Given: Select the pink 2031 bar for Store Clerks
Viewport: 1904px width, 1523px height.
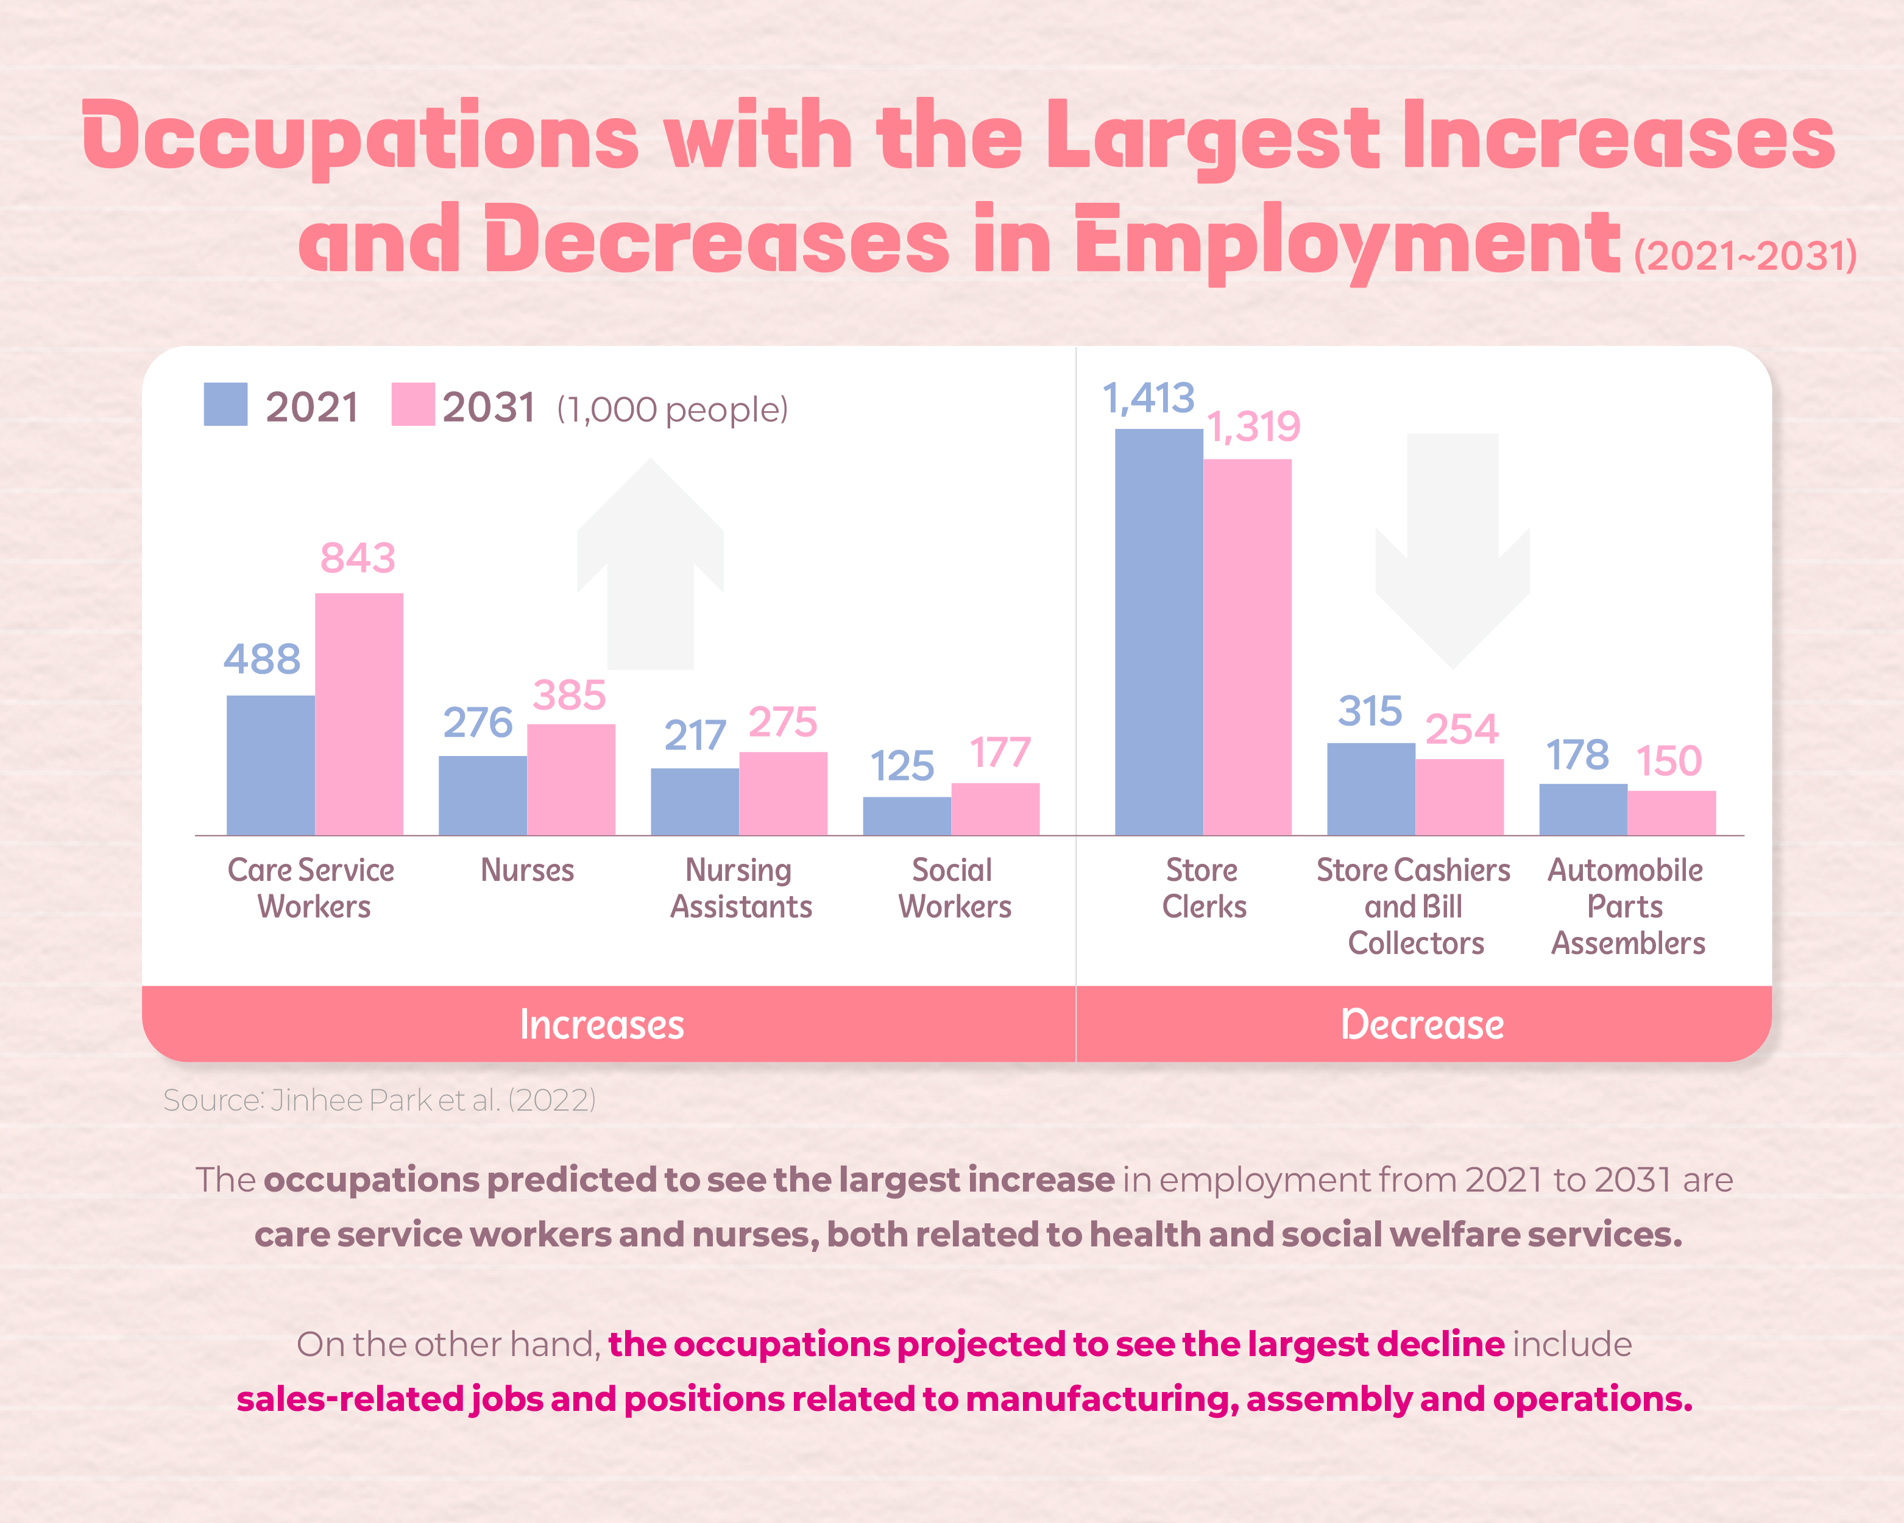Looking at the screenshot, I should point(1247,646).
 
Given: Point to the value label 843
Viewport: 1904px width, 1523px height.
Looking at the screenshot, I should point(358,558).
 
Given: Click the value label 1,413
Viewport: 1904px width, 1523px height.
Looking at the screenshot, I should point(1148,398).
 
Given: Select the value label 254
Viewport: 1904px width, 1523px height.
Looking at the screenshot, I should point(1462,729).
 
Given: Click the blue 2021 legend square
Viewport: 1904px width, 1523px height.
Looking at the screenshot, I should point(225,405).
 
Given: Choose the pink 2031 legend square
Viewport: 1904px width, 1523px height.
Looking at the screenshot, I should point(412,405).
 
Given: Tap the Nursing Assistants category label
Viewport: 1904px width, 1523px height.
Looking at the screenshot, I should point(740,888).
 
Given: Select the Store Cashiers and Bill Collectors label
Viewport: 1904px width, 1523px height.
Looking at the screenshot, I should point(1413,906).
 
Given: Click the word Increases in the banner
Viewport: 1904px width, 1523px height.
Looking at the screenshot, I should point(601,1024).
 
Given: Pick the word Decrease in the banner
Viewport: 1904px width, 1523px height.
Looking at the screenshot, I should point(1422,1024).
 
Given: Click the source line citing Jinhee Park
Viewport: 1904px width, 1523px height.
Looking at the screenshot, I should point(380,1100).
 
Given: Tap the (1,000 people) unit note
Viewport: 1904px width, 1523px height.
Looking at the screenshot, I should point(672,409).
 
